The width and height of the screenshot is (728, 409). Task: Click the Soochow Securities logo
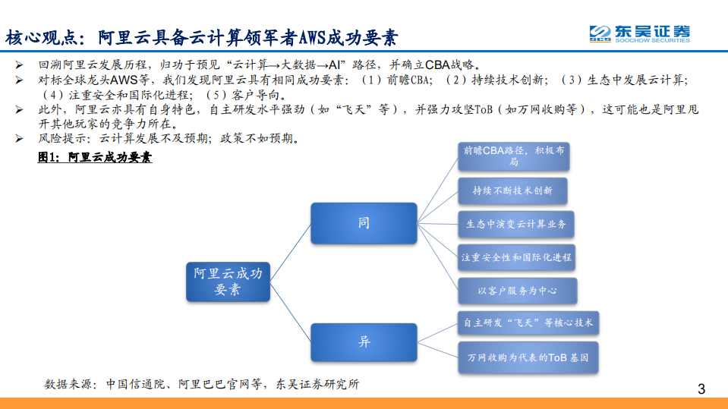640,33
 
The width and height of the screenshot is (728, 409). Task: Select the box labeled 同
364,223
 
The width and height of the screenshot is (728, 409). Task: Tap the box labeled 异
364,342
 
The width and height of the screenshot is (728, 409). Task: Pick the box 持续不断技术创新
512,190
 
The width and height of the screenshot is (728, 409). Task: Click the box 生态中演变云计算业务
515,224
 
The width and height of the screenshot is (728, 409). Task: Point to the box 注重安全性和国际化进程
516,257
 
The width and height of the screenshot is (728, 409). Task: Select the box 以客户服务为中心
516,291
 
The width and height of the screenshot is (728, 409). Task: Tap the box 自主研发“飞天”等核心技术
528,322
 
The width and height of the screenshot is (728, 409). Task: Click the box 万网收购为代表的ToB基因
528,357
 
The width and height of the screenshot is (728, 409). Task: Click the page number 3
701,390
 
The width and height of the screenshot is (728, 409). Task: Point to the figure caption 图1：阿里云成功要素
94,158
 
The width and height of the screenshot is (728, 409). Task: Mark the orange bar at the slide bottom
364,403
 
